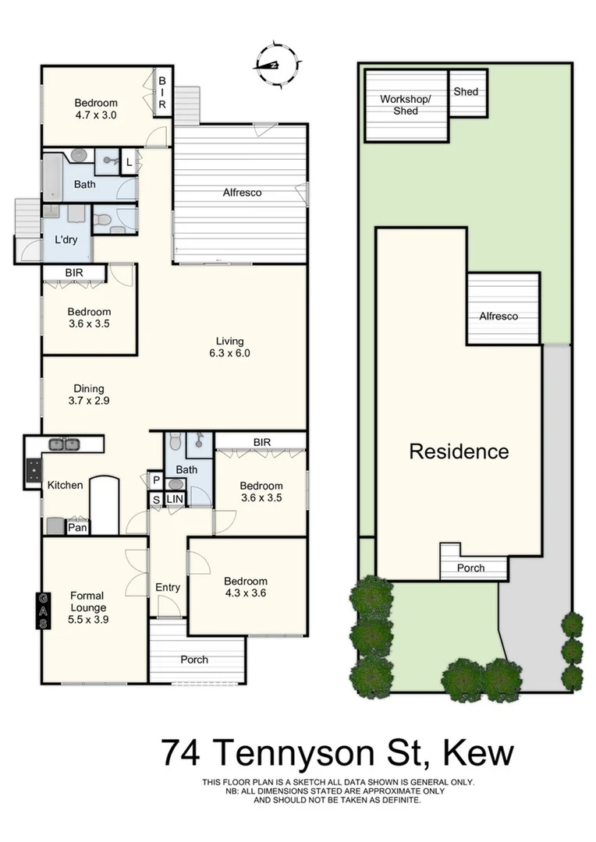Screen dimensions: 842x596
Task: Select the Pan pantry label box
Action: point(77,528)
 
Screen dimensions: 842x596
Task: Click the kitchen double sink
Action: point(64,444)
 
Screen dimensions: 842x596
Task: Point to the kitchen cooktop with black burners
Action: point(34,470)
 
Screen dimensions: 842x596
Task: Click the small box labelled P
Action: point(155,480)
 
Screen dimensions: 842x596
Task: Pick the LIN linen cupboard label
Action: point(174,499)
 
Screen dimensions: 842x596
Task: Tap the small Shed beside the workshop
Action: point(466,92)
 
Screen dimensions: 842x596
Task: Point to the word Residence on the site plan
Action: point(459,451)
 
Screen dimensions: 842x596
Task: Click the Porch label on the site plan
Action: point(470,568)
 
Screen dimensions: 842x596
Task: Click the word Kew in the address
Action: point(478,754)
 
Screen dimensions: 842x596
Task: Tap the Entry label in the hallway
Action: point(168,587)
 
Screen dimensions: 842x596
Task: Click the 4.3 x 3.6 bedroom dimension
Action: point(245,593)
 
